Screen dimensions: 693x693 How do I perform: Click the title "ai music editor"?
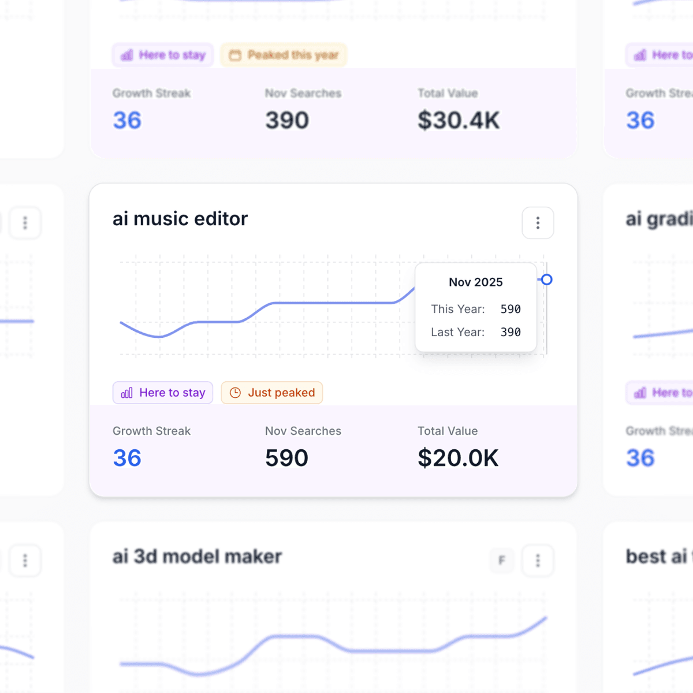coord(180,219)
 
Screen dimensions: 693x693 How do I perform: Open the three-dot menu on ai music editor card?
coord(538,223)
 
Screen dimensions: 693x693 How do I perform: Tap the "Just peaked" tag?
coord(272,393)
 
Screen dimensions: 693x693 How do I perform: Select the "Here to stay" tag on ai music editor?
coord(163,393)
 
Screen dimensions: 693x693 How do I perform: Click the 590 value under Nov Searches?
coord(286,458)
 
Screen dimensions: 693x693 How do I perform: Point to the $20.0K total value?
coord(458,458)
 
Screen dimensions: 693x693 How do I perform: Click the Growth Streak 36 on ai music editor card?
coord(127,458)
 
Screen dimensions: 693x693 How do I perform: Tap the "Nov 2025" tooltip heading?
coord(476,282)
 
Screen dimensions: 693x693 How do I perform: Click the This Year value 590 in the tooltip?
coord(511,309)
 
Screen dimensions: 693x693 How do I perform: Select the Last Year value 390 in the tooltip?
coord(511,332)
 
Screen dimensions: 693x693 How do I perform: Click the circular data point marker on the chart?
coord(546,280)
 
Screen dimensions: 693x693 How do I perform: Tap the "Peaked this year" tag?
coord(284,55)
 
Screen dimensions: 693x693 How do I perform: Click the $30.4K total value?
coord(459,120)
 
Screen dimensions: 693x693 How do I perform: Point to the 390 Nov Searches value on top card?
coord(287,120)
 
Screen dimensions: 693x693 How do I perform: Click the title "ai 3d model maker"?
coord(197,556)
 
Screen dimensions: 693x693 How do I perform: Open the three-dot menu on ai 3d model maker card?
coord(538,560)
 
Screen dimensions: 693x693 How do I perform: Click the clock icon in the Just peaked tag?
coord(235,393)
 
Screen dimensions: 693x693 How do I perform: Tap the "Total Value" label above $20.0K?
coord(448,431)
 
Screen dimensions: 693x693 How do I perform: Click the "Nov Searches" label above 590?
coord(303,431)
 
